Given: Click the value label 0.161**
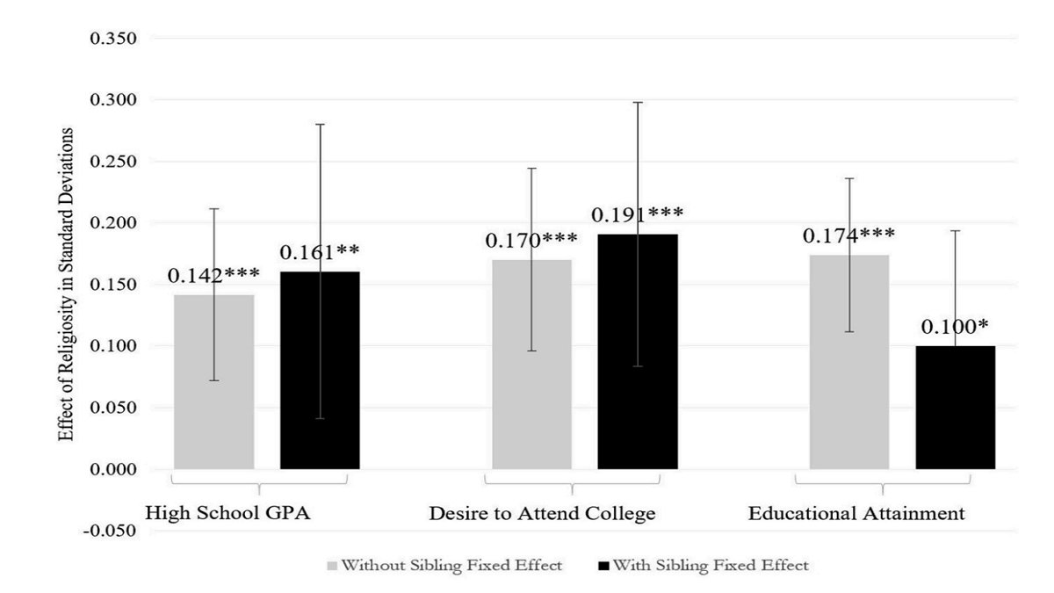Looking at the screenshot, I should pyautogui.click(x=320, y=253).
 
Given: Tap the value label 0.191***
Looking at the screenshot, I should pyautogui.click(x=638, y=215).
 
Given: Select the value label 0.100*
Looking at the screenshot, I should pyautogui.click(x=956, y=328).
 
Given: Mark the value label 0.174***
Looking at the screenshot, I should pyautogui.click(x=849, y=235).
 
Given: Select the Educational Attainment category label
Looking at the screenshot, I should pyautogui.click(x=856, y=513).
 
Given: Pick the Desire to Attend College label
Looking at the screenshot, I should pyautogui.click(x=542, y=513).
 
